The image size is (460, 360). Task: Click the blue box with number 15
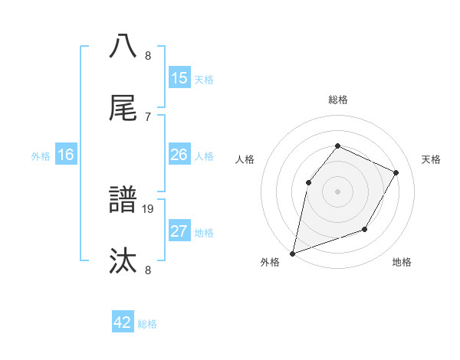179,78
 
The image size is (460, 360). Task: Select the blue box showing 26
179,155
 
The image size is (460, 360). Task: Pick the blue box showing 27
179,231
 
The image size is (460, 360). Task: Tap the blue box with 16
66,155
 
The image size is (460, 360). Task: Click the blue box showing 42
123,322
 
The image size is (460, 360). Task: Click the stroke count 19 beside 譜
148,208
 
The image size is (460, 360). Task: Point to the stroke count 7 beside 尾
148,116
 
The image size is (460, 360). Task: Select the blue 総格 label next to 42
148,324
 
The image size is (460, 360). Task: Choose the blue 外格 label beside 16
41,156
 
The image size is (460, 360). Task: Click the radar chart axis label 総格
337,100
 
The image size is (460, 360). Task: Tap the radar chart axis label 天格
431,159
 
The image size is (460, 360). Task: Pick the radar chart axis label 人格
245,159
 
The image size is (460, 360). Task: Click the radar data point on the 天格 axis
396,172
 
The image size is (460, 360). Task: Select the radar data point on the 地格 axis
365,229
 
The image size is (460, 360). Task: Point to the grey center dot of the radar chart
337,191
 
